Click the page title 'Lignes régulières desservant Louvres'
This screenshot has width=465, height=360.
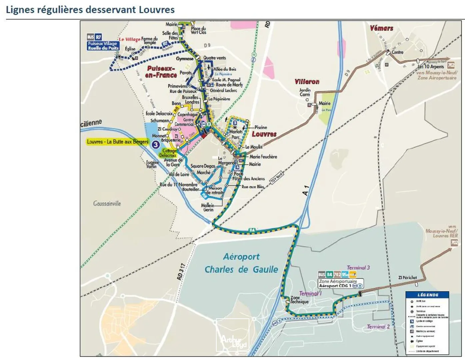coord(90,10)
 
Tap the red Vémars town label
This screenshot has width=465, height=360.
coord(381,28)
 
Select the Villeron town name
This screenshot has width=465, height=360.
coord(307,82)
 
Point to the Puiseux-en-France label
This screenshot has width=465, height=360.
coord(162,72)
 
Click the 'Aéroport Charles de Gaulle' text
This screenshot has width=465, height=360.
coord(241,263)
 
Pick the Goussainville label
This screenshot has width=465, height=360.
coord(107,203)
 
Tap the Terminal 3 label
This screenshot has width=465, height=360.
coord(358,268)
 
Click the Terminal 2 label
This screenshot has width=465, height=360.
coord(378,327)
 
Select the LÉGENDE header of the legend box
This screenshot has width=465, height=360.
coord(428,295)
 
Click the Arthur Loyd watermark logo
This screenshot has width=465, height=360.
coord(233,335)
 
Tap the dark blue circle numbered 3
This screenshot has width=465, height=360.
coord(155,144)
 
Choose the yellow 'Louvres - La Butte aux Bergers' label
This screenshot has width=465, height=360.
coord(117,142)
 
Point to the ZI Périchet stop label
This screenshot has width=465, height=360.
coord(407,277)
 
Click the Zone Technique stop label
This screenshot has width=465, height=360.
coord(299,300)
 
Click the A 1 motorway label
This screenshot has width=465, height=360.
coord(306,190)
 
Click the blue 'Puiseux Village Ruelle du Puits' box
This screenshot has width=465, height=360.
coord(103,46)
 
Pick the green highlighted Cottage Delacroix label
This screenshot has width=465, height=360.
coord(168,153)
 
